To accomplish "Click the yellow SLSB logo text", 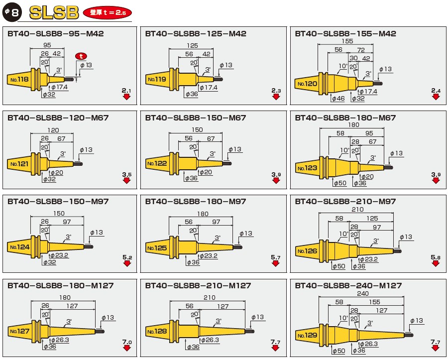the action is click(x=54, y=13).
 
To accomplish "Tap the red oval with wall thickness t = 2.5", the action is click(x=108, y=12).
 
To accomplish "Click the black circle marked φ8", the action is click(x=12, y=12).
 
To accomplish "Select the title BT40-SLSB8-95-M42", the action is click(x=56, y=34).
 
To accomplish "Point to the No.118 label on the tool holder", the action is click(x=19, y=80).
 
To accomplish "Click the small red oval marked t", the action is click(x=81, y=56).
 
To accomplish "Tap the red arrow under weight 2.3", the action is click(x=276, y=97).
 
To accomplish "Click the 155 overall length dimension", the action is click(x=347, y=41).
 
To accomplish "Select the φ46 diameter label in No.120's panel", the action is click(x=338, y=99).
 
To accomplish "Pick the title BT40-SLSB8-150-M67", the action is click(x=196, y=118).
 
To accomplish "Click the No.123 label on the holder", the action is click(x=308, y=168).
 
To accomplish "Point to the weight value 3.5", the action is click(x=127, y=174).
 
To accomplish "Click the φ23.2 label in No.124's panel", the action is click(x=60, y=255).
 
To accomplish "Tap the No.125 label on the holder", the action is click(x=157, y=248).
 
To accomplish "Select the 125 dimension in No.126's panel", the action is click(x=372, y=218).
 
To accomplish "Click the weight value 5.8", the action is click(x=436, y=257).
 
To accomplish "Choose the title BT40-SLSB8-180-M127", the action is click(x=61, y=285).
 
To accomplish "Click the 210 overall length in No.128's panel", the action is click(x=210, y=298).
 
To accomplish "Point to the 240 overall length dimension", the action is click(x=362, y=293).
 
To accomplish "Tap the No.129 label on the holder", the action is click(x=308, y=335).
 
